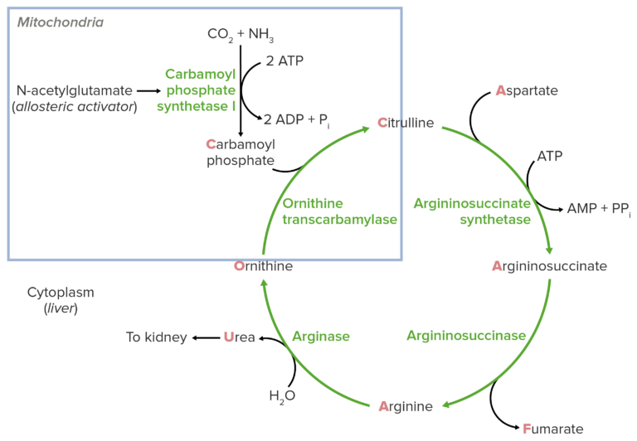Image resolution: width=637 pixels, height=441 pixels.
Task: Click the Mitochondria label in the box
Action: pyautogui.click(x=61, y=22)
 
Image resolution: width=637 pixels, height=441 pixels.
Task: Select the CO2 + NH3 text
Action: pyautogui.click(x=241, y=35)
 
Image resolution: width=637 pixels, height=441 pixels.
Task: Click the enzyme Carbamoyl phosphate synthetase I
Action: pyautogui.click(x=201, y=90)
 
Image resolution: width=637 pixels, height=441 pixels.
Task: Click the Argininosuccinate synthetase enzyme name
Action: pyautogui.click(x=472, y=211)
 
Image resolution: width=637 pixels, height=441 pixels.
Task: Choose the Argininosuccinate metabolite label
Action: pyautogui.click(x=550, y=266)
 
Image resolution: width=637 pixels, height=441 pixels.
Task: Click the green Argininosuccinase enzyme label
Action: pyautogui.click(x=466, y=336)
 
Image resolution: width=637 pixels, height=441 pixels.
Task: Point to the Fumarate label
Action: pyautogui.click(x=553, y=429)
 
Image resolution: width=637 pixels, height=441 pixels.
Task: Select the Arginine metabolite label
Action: pyautogui.click(x=406, y=406)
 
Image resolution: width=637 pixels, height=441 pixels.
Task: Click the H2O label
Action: pyautogui.click(x=281, y=396)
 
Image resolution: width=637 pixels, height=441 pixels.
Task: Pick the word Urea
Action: pyautogui.click(x=240, y=337)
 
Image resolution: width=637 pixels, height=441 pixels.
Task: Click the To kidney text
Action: pyautogui.click(x=156, y=337)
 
